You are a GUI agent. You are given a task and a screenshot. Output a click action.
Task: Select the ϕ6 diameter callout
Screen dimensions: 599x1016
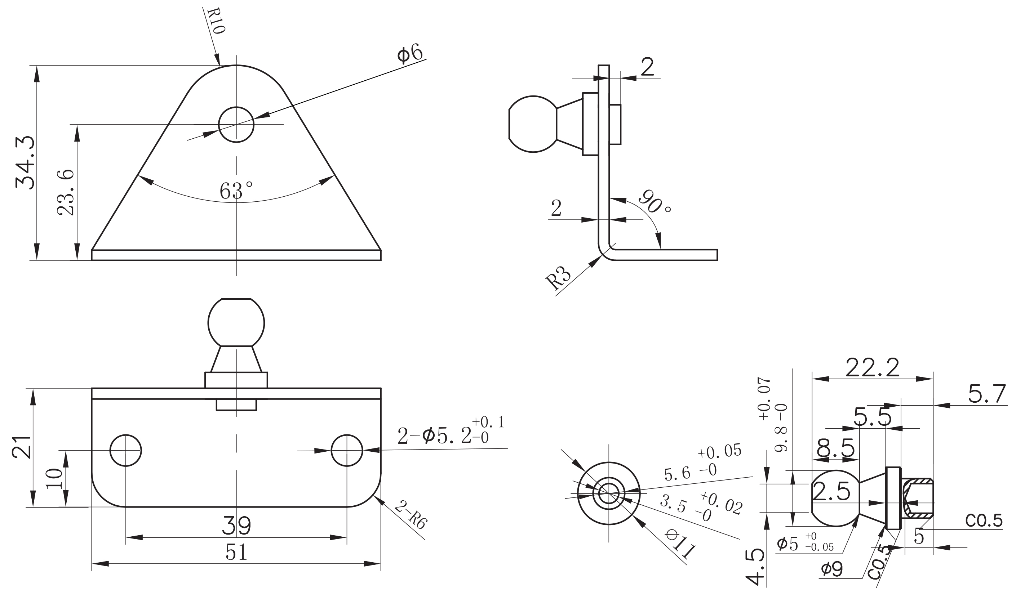tap(410, 54)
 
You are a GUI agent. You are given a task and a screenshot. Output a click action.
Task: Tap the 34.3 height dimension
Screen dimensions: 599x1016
tap(25, 163)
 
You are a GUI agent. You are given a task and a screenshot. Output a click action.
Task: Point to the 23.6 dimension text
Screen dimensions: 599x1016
tap(66, 193)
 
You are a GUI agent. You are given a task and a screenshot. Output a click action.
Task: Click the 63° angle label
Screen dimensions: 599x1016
tap(236, 191)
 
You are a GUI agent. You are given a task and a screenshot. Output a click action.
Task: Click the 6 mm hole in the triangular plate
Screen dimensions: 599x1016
tap(236, 125)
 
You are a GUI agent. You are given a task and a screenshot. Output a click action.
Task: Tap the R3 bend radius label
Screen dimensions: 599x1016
tap(559, 278)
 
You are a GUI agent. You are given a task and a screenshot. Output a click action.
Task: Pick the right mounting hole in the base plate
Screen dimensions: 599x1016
tap(346, 451)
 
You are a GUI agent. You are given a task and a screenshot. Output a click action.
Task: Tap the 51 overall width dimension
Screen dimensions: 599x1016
tap(236, 553)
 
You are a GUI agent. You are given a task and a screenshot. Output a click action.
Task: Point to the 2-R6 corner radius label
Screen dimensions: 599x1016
tap(410, 515)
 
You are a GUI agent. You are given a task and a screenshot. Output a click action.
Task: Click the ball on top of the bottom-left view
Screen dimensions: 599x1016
tap(236, 323)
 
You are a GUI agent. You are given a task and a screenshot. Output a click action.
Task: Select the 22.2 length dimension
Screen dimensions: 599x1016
tap(872, 368)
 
